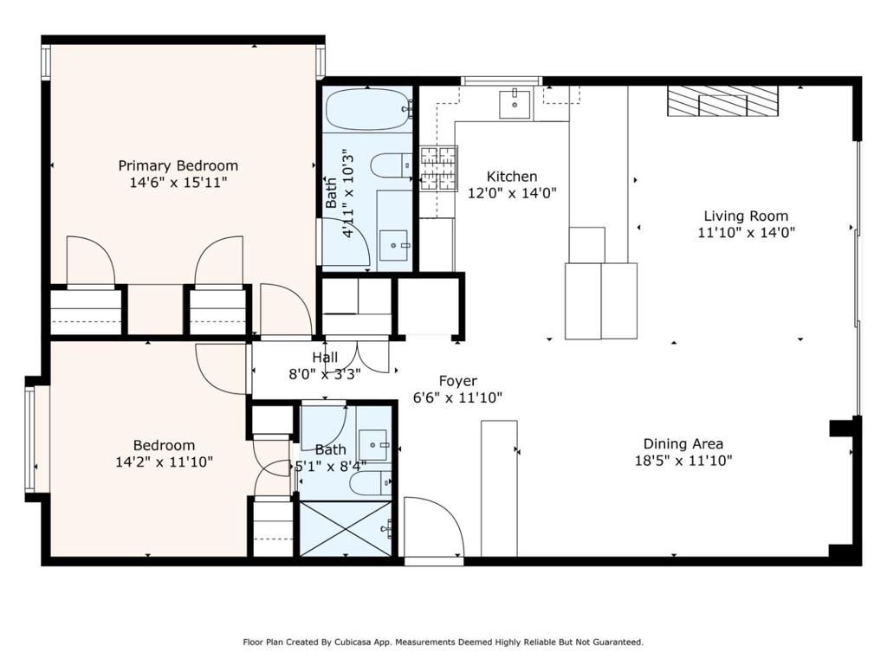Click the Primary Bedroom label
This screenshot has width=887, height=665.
point(178,165)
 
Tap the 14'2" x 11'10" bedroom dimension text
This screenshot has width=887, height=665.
point(164,462)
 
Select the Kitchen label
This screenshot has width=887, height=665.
point(511,177)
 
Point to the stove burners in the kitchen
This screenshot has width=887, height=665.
point(438,168)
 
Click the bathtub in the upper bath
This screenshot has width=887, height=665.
point(367,110)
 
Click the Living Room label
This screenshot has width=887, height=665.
point(746,216)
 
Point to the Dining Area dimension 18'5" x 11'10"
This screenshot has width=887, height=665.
point(683,461)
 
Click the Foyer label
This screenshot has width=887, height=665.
point(457,381)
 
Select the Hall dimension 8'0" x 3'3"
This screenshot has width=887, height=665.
point(325,374)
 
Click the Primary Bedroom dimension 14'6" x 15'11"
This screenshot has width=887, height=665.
point(178,182)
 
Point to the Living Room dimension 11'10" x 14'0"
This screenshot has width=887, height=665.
point(746,232)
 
